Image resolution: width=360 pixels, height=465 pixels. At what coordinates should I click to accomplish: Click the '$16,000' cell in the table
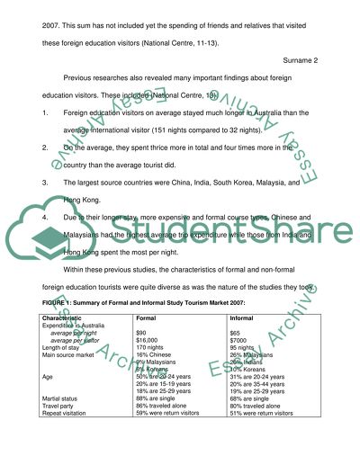click(x=146, y=341)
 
